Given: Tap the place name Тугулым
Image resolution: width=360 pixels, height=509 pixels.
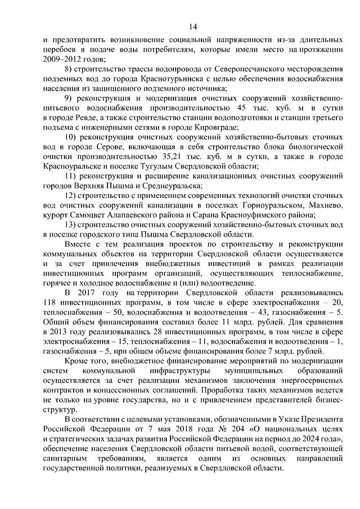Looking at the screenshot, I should pos(179,166).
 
